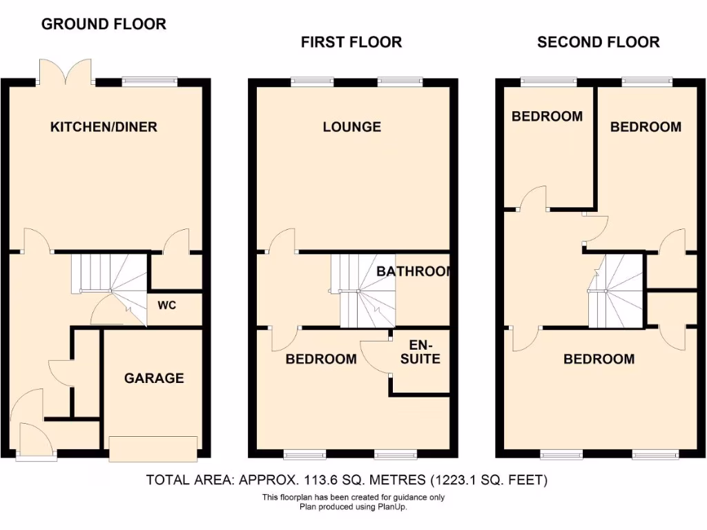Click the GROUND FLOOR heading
[x=104, y=24]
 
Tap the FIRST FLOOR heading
[x=351, y=42]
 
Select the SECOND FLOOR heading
[x=598, y=42]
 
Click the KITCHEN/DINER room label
[x=104, y=127]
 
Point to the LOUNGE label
[x=352, y=127]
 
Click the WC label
[x=167, y=305]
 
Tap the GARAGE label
[x=154, y=378]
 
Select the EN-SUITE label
[x=420, y=352]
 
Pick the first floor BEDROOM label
[x=321, y=359]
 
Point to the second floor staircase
[x=615, y=290]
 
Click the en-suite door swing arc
[x=373, y=357]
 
